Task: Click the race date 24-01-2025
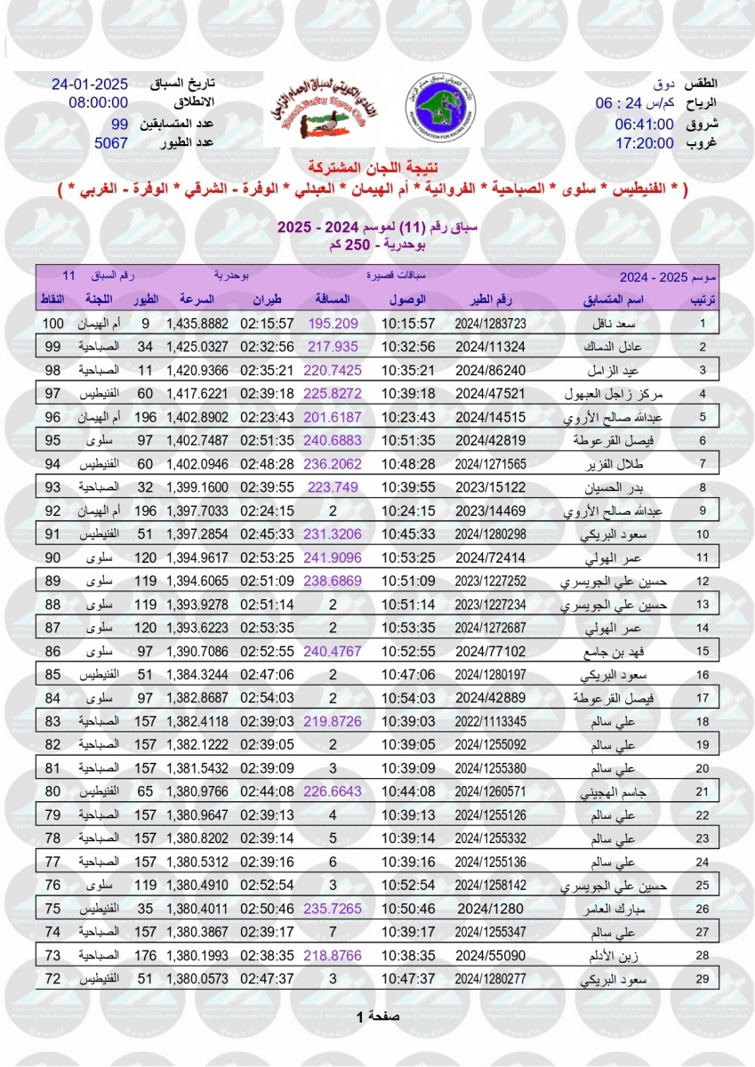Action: pos(90,85)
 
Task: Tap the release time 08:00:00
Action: pos(99,103)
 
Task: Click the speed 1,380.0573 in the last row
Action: pos(197,978)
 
